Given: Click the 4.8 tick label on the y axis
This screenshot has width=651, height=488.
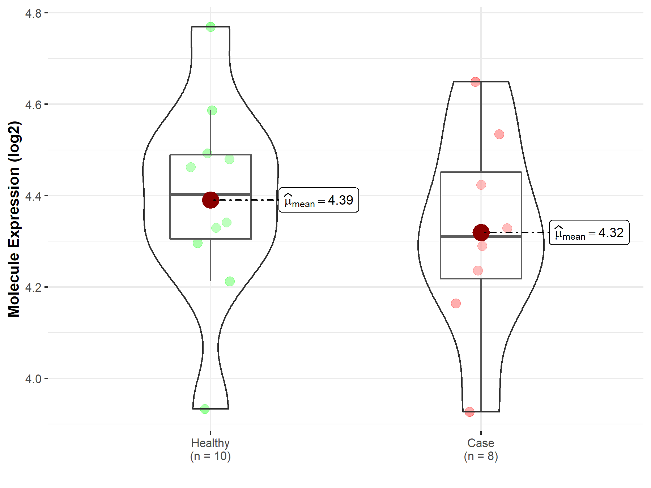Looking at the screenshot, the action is tap(33, 13).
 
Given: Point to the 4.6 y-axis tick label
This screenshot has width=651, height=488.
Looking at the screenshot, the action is tap(33, 104).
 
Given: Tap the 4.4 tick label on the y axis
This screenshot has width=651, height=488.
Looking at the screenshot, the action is tap(33, 196).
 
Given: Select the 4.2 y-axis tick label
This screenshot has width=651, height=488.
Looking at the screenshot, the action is tap(33, 287).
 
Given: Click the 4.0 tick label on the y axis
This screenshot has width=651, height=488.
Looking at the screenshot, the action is tap(33, 379).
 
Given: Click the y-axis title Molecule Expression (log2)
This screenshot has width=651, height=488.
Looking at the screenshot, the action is tap(14, 219).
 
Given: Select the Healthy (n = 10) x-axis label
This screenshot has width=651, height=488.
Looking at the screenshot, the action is tap(210, 450).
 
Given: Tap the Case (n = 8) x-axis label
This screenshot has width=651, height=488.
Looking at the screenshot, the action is tap(481, 450).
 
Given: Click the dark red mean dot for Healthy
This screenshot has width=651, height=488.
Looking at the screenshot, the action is tap(210, 200).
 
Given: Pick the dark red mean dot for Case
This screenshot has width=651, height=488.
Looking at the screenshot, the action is tap(481, 232).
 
